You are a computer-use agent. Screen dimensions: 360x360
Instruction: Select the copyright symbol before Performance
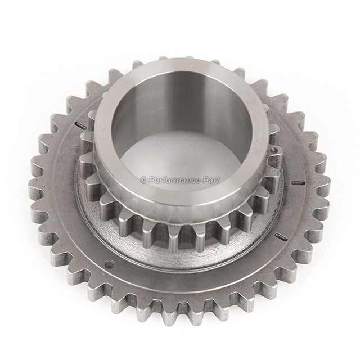coord(144,181)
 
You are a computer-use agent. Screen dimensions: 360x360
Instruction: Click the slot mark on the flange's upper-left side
coord(80,125)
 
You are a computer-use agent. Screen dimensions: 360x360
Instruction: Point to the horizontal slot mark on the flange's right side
coord(298,183)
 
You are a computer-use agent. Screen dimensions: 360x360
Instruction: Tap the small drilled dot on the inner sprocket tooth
coord(273,150)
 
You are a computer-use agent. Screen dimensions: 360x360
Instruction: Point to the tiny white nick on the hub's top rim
coord(190,66)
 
